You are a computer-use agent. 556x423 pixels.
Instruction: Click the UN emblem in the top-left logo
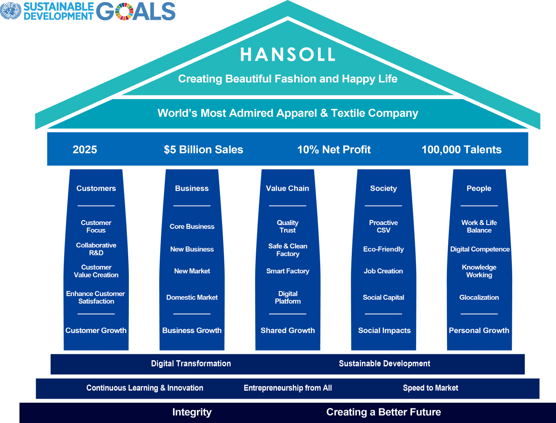coord(11,11)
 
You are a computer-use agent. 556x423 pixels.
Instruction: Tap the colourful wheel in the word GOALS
coord(124,11)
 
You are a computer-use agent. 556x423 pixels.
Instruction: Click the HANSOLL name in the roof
coord(287,54)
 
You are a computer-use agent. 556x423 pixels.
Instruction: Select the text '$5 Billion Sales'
coord(203,149)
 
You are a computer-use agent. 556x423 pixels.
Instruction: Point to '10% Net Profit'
coord(334,149)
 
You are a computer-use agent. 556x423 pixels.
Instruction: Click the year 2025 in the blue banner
coord(85,149)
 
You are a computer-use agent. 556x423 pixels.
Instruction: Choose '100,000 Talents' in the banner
coord(462,149)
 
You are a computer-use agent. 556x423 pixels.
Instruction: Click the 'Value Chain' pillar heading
coord(287,188)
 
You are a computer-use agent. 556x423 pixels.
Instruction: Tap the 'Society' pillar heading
coord(383,188)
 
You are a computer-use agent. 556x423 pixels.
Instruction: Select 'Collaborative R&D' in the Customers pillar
coord(96,249)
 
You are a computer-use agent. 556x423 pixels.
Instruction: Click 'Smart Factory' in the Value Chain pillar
coord(288,271)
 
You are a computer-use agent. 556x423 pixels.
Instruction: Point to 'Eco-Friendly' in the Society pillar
coord(383,249)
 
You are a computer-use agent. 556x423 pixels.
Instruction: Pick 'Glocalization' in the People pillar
coord(479,297)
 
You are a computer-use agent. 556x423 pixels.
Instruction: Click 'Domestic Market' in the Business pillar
coord(192,297)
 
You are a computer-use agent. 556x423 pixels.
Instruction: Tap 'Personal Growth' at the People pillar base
coord(479,330)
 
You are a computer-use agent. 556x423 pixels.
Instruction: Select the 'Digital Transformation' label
coord(191,363)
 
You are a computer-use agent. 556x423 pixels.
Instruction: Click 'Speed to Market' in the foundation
coord(431,388)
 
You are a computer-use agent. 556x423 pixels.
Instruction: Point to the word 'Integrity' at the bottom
coord(192,412)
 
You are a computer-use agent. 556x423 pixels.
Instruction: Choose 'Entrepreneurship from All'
coord(288,388)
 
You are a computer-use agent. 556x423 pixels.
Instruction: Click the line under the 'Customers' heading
coord(96,206)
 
